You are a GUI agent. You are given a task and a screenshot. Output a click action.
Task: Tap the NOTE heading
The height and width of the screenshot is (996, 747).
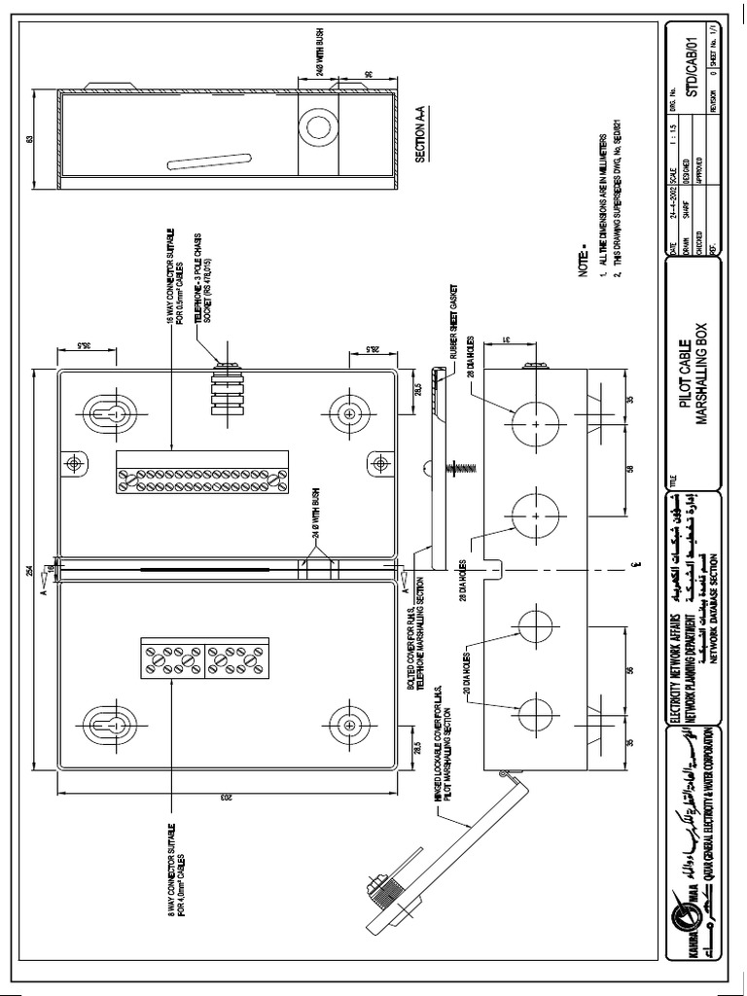(586, 266)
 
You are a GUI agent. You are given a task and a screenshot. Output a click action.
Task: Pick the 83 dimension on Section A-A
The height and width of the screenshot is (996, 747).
(31, 139)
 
